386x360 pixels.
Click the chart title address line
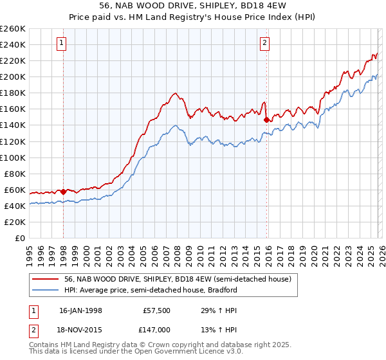click(193, 5)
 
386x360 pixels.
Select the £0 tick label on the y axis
click(20, 238)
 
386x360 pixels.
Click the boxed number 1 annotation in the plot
click(61, 43)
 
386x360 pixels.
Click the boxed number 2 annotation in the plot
click(264, 43)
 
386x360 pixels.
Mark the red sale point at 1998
click(64, 192)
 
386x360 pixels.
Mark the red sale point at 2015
click(266, 119)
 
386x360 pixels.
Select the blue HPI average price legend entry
click(151, 290)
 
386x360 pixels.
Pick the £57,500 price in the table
click(156, 310)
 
